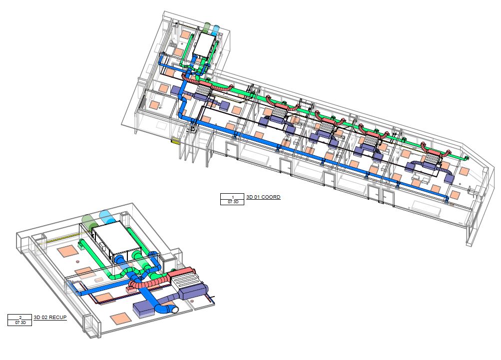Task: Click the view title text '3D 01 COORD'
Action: click(263, 197)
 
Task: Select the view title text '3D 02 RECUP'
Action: click(50, 318)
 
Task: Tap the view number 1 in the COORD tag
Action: click(233, 197)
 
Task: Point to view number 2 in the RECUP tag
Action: click(20, 318)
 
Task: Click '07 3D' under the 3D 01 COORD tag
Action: click(233, 202)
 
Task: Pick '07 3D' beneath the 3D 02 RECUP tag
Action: click(20, 323)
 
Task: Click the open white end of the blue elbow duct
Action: click(175, 309)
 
